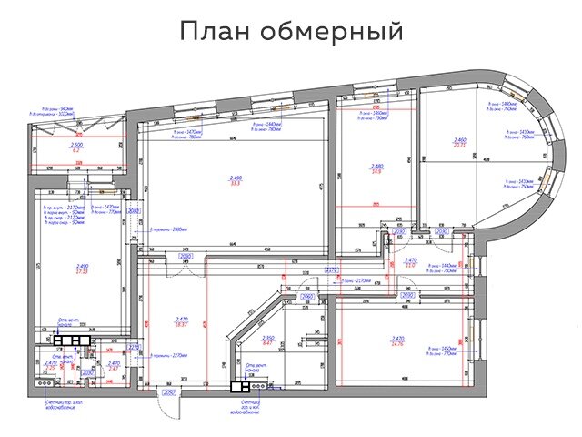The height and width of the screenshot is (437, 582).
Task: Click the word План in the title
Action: [x=216, y=33]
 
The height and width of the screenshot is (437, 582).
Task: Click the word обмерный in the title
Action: [x=332, y=34]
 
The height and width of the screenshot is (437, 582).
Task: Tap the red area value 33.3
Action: [x=236, y=184]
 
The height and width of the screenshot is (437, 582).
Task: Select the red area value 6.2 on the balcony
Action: [x=77, y=150]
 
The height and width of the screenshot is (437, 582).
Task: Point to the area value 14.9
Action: [x=377, y=171]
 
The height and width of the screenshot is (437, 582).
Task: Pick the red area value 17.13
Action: [x=82, y=270]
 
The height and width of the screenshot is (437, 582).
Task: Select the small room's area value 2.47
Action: [x=51, y=368]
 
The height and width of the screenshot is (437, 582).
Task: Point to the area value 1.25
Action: [x=114, y=368]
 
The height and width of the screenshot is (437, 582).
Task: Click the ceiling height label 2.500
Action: [x=77, y=145]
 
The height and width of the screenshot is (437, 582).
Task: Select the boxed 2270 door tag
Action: [x=133, y=347]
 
